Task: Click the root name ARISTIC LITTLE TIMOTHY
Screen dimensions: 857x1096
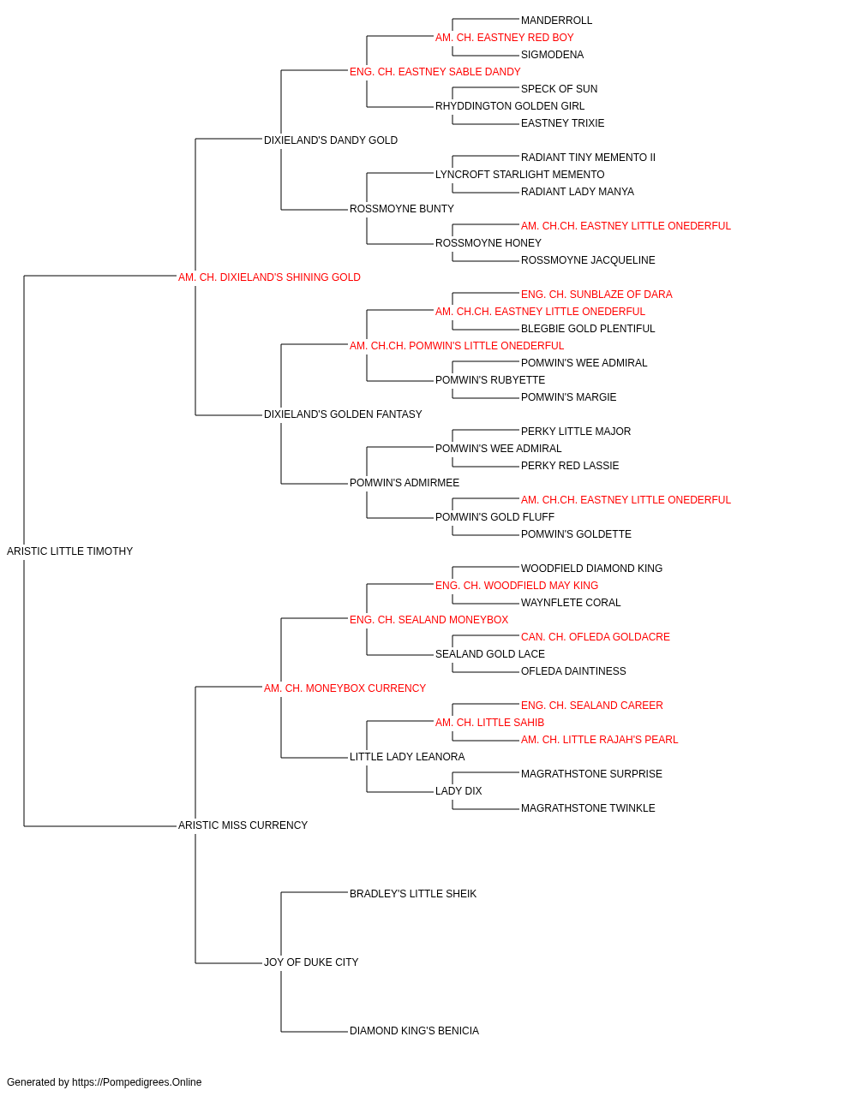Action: point(69,551)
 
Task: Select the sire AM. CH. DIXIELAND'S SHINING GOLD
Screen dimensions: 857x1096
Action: point(269,277)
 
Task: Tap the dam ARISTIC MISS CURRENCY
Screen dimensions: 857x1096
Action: point(243,825)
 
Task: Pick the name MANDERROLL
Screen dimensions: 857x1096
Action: point(556,21)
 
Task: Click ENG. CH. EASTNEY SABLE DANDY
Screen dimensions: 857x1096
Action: point(435,72)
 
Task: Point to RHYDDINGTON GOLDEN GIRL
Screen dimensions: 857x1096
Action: point(510,106)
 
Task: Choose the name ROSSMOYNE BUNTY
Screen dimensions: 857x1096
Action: point(402,209)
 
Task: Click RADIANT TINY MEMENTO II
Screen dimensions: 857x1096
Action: point(588,158)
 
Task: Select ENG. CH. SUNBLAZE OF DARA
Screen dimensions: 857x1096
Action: point(596,295)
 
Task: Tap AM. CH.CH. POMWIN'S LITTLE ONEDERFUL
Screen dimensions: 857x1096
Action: point(457,346)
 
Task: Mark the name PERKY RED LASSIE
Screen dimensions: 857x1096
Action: point(570,466)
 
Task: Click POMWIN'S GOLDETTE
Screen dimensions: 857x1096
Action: point(576,534)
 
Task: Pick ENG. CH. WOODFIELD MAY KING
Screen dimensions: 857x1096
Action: point(517,586)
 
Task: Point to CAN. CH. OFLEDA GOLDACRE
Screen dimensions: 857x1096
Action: point(596,637)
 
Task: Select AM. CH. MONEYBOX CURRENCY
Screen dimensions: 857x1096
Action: point(345,688)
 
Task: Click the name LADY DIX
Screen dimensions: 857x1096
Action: point(458,791)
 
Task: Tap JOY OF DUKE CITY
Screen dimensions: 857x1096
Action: point(311,962)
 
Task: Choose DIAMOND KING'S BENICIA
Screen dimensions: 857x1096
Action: point(415,1031)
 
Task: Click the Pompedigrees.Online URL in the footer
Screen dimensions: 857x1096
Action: point(137,1082)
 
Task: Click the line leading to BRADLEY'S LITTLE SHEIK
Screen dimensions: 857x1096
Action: point(315,893)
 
